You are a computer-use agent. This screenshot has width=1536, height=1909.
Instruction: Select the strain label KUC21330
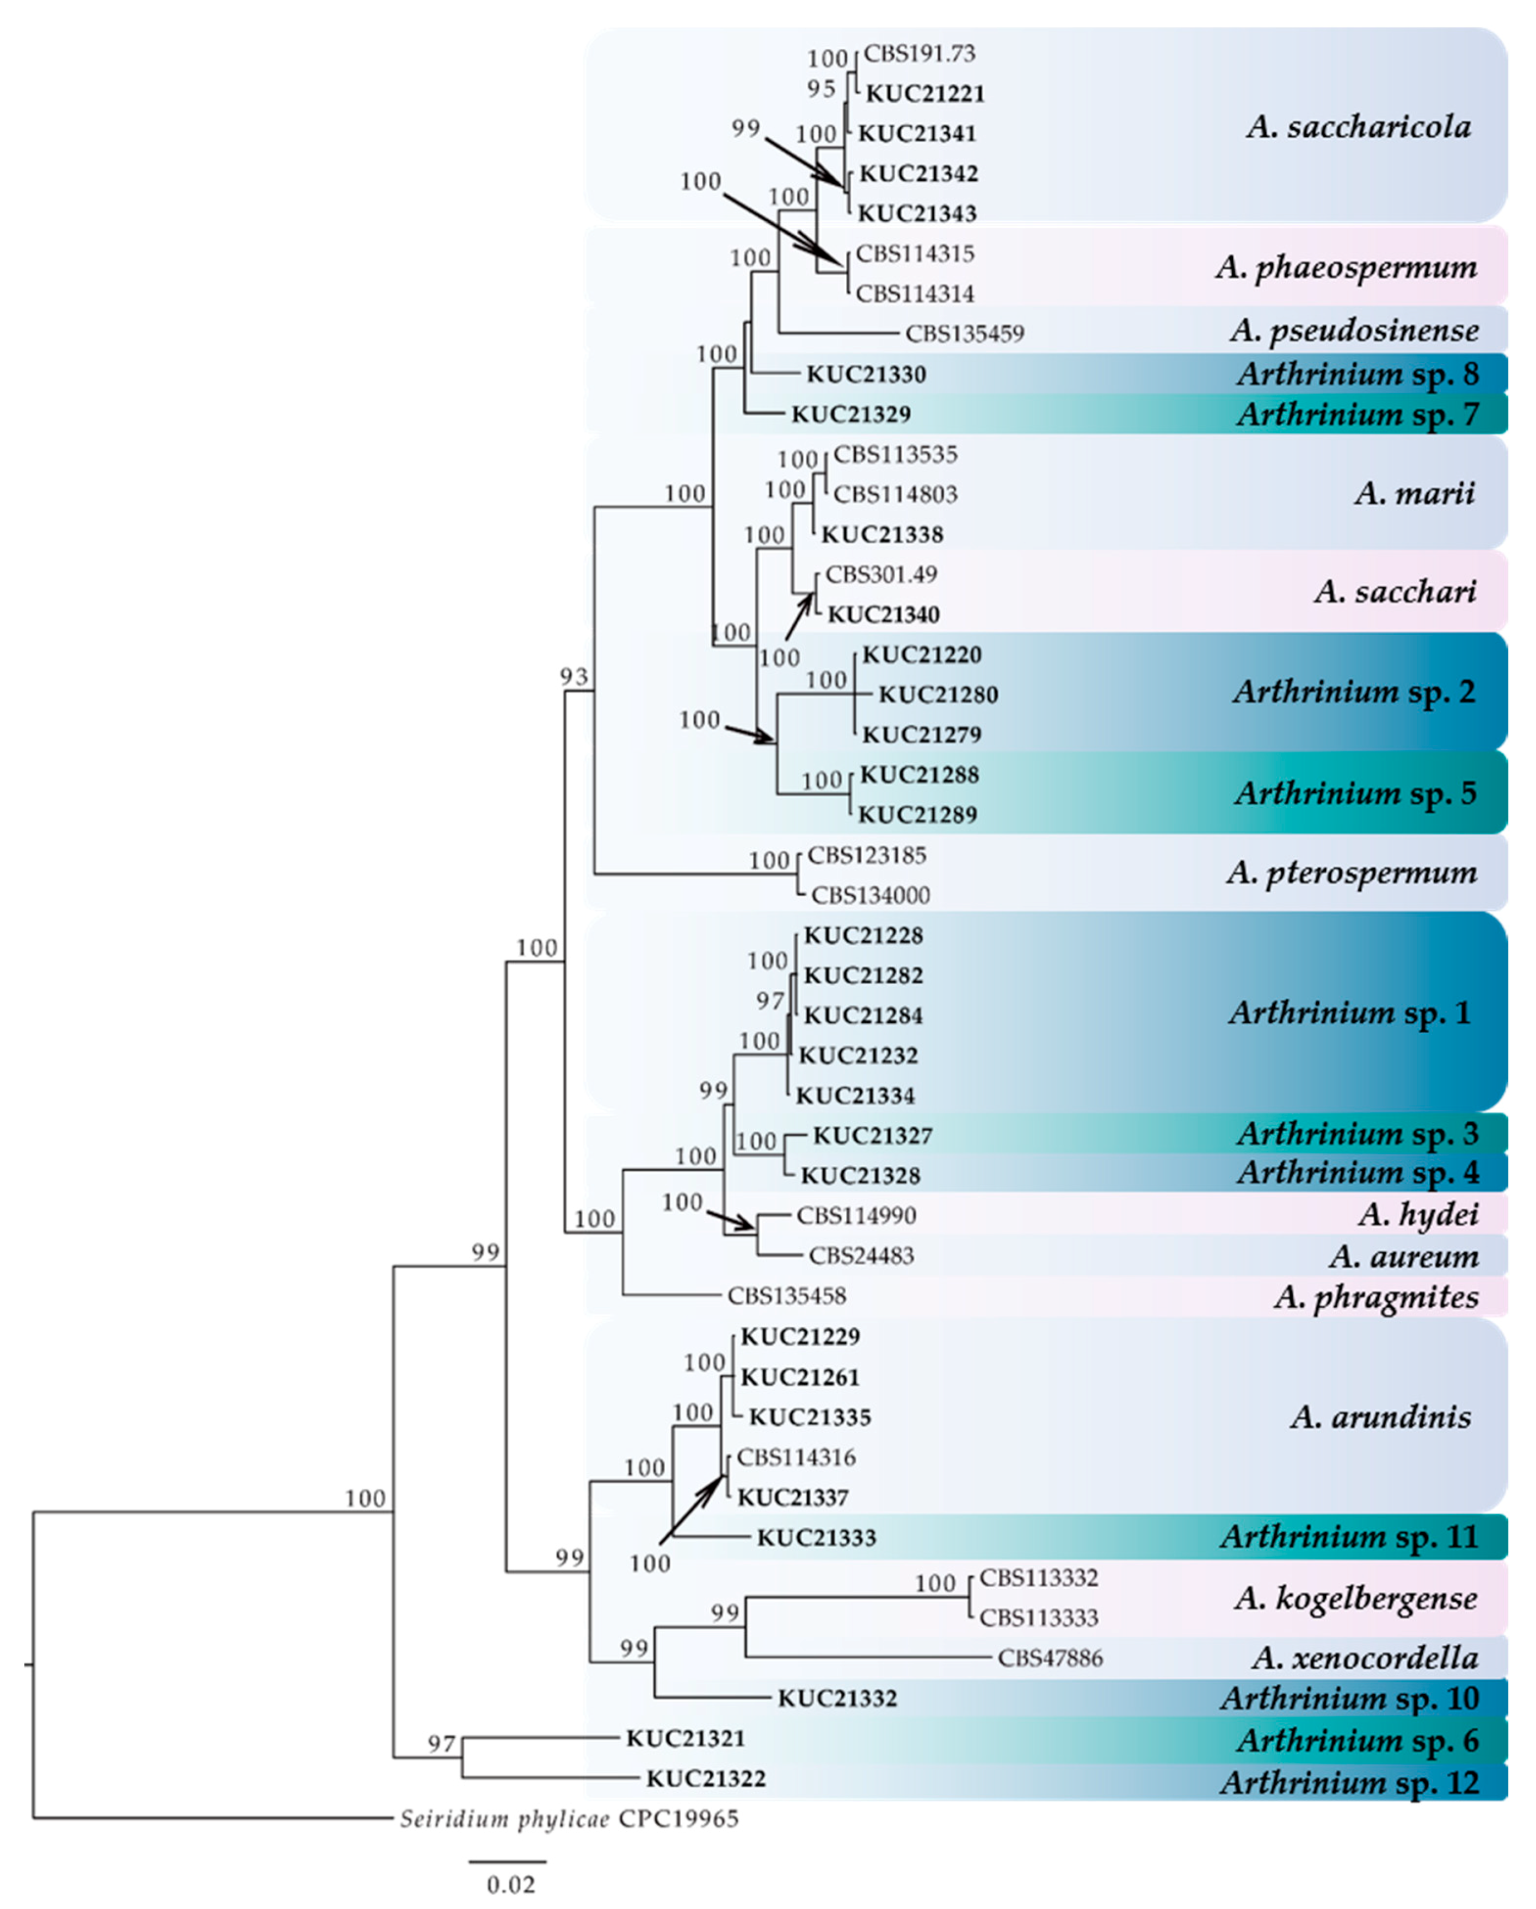(866, 375)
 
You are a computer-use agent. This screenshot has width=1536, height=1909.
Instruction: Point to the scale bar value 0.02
(511, 1884)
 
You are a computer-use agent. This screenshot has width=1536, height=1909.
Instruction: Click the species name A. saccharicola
(1358, 128)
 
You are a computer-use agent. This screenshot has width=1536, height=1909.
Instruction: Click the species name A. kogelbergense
(1355, 1597)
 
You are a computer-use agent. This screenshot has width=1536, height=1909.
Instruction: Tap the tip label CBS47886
(1051, 1658)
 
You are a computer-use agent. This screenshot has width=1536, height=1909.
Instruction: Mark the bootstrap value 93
(574, 677)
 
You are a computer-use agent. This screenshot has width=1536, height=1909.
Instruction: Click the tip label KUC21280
(938, 695)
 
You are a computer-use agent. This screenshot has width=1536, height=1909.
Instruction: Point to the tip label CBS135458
(787, 1296)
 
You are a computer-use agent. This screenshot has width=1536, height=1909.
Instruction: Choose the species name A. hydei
(1418, 1214)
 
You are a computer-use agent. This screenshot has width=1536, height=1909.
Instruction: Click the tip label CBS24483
(861, 1255)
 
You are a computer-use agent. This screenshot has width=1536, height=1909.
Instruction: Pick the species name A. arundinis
(1380, 1417)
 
